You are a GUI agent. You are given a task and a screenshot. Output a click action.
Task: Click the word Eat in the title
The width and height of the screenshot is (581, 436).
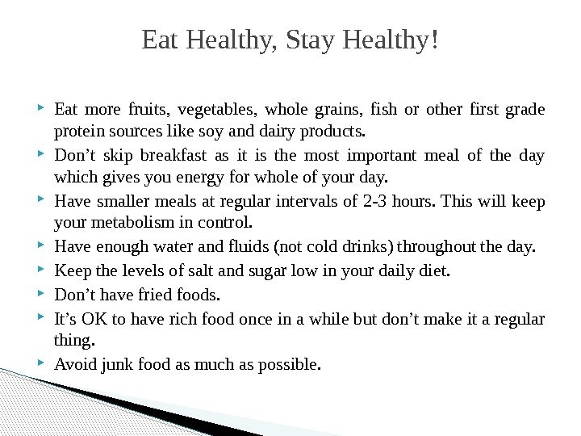[161, 40]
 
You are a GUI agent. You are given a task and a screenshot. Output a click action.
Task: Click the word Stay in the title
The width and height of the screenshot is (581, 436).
[313, 40]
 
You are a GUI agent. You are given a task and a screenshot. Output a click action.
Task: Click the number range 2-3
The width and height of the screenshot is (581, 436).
[360, 201]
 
